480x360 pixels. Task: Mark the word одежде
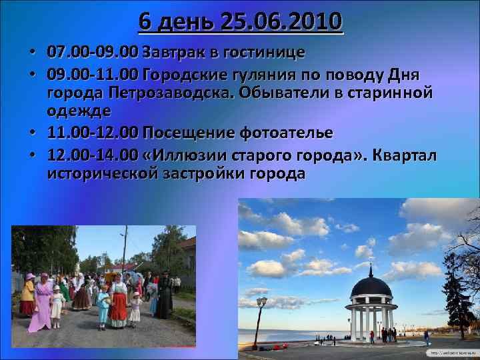[79, 109]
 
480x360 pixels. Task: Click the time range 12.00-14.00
[93, 155]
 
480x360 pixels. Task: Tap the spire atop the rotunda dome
[371, 268]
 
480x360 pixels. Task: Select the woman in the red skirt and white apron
[118, 304]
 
